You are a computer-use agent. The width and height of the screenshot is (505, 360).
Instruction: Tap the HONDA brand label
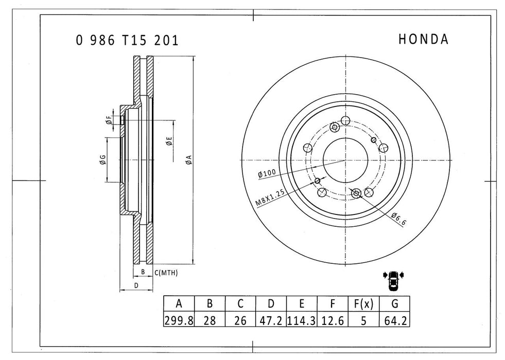pyautogui.click(x=423, y=40)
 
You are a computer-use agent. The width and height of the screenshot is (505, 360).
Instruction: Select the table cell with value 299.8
pyautogui.click(x=179, y=321)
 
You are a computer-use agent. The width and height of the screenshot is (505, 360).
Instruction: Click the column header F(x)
pyautogui.click(x=363, y=304)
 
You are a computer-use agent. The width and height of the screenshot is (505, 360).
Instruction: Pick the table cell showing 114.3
pyautogui.click(x=302, y=321)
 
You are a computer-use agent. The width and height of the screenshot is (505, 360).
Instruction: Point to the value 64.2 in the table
pyautogui.click(x=394, y=321)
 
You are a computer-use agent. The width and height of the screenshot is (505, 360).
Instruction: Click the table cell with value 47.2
pyautogui.click(x=271, y=321)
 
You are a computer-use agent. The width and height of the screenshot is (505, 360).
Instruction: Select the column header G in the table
pyautogui.click(x=394, y=304)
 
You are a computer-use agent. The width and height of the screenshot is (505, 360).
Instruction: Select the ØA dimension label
pyautogui.click(x=189, y=159)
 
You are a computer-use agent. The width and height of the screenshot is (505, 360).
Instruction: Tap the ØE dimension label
pyautogui.click(x=169, y=141)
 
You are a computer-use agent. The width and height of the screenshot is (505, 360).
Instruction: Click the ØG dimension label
pyautogui.click(x=103, y=160)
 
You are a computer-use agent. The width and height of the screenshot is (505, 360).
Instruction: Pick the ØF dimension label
pyautogui.click(x=109, y=120)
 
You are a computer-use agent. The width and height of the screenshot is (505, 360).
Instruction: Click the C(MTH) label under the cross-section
pyautogui.click(x=166, y=273)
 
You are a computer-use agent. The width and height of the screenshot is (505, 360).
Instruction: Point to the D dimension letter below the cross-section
pyautogui.click(x=136, y=284)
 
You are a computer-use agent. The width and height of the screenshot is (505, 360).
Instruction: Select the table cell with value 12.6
pyautogui.click(x=333, y=321)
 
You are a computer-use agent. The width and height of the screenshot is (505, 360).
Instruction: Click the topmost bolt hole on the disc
pyautogui.click(x=345, y=121)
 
